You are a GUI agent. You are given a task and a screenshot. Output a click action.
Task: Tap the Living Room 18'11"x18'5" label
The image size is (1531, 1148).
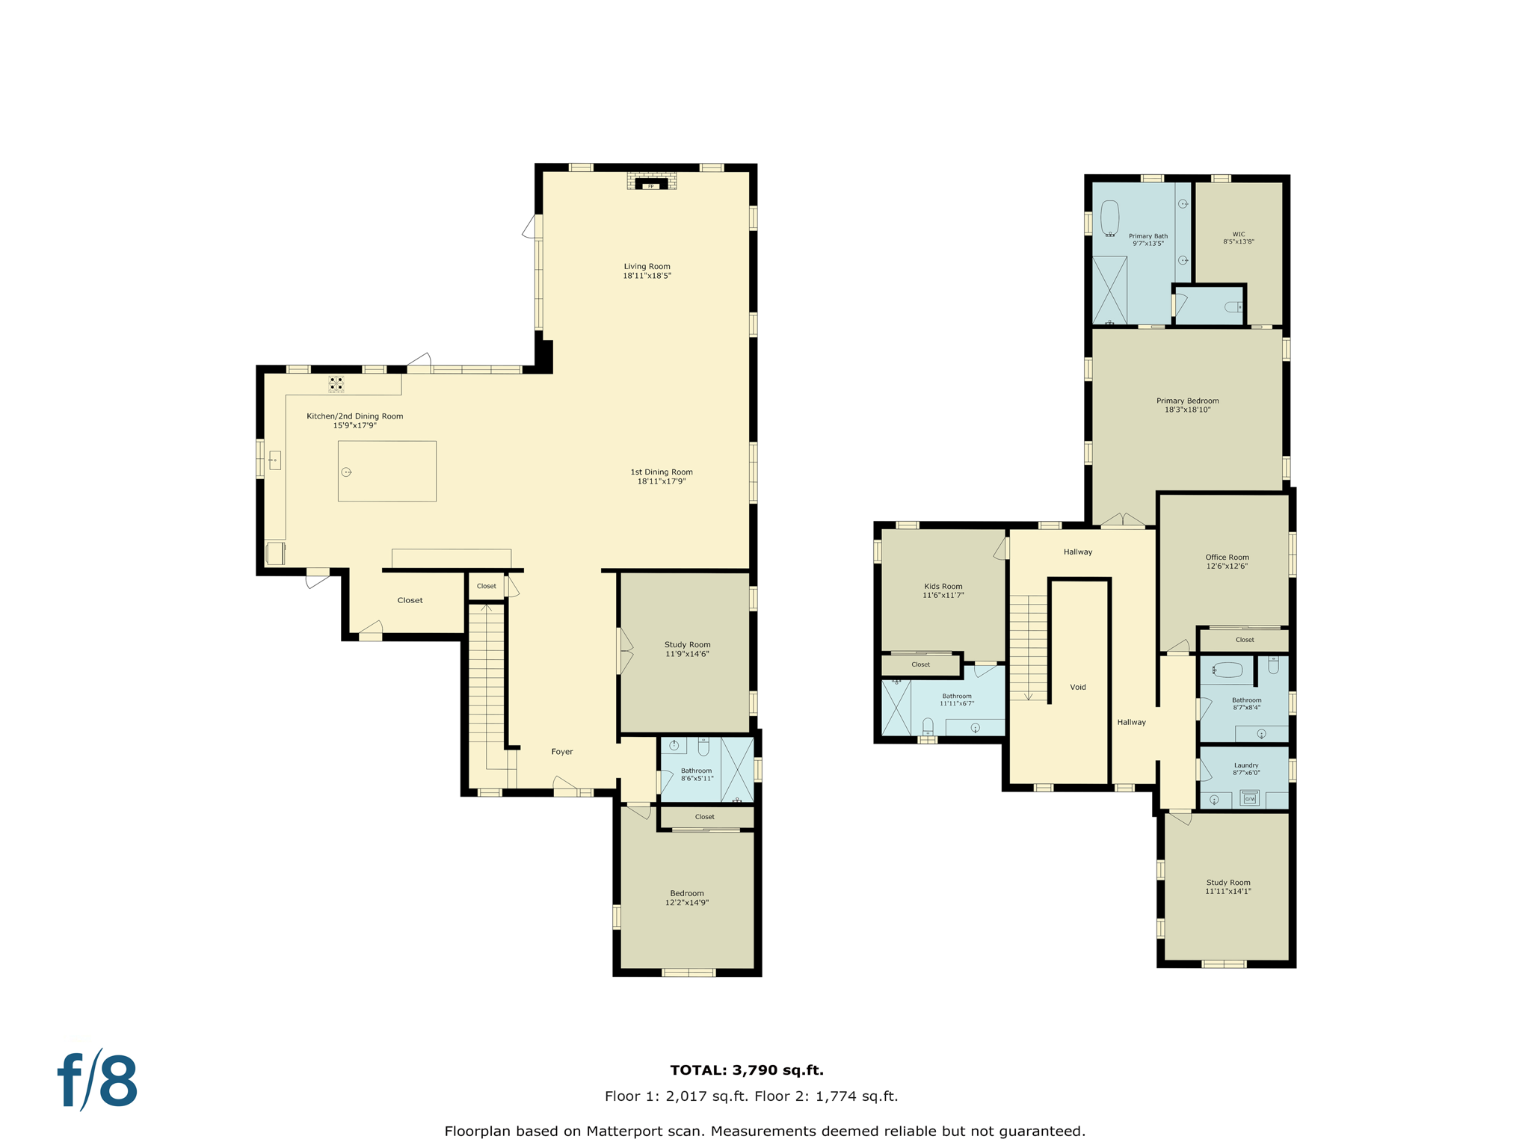(x=647, y=271)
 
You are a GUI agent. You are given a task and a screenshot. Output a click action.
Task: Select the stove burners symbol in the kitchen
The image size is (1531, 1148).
(x=336, y=384)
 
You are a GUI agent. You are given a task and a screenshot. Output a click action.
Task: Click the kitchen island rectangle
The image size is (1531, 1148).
(x=387, y=471)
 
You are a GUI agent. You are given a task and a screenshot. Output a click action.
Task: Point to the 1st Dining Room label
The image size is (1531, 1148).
(x=662, y=477)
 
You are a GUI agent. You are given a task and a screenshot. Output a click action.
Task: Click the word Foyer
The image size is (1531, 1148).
(x=562, y=752)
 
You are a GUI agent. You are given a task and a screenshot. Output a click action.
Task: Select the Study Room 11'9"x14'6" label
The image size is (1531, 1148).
(x=687, y=649)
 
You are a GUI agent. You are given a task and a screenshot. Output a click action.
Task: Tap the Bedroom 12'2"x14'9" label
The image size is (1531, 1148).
(x=687, y=898)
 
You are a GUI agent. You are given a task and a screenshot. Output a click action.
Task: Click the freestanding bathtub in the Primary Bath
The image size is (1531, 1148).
(x=1110, y=218)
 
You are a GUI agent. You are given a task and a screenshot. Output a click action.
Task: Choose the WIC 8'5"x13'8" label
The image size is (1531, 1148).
(x=1239, y=238)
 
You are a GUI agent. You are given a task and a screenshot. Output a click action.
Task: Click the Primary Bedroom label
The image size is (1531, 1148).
(x=1187, y=405)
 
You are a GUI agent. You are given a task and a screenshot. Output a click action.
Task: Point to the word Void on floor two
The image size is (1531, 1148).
(x=1078, y=688)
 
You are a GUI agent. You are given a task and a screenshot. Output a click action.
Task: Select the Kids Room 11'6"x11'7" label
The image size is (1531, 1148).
(x=943, y=591)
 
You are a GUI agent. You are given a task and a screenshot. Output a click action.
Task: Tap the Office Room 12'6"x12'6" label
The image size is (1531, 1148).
(x=1227, y=562)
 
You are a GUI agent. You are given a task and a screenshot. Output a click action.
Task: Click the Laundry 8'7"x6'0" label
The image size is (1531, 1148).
(x=1246, y=769)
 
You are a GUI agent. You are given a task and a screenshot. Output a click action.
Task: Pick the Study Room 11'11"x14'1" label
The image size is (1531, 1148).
(x=1227, y=887)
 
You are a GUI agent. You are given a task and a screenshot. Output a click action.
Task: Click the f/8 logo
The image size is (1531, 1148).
(x=98, y=1081)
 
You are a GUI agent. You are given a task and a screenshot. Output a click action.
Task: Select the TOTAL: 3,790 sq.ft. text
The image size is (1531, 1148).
(x=747, y=1070)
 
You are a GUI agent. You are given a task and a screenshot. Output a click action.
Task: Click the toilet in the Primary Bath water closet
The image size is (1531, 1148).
(x=1233, y=307)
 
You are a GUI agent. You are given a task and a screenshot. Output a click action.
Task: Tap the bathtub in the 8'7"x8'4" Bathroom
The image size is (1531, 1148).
(x=1227, y=670)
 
